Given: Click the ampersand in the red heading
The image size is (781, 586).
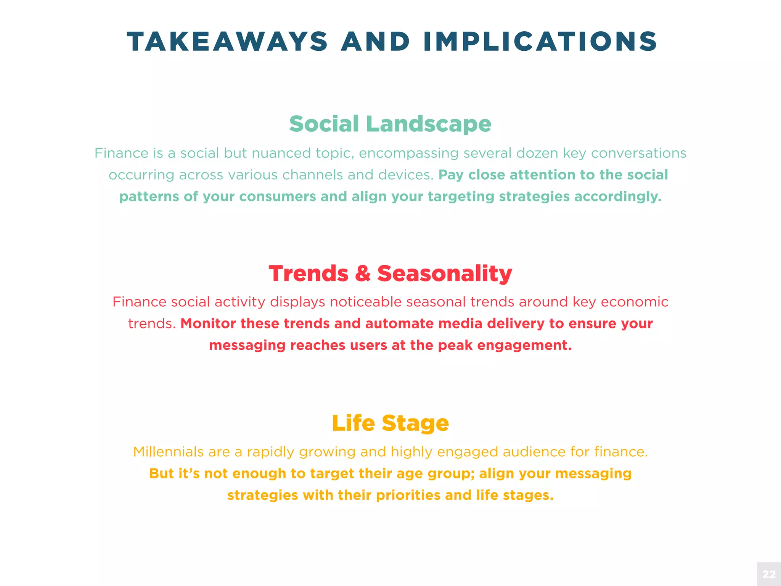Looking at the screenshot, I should pos(363,274).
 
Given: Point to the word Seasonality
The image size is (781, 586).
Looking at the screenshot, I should pos(445,274).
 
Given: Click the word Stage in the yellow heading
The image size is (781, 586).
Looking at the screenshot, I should pos(415,423).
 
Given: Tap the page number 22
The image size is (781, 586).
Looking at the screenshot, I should pos(769,574).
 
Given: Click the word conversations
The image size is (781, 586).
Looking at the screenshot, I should pos(638,153).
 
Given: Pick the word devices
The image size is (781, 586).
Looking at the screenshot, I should pos(406,175).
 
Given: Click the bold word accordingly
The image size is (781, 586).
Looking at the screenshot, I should pos(618,197).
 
